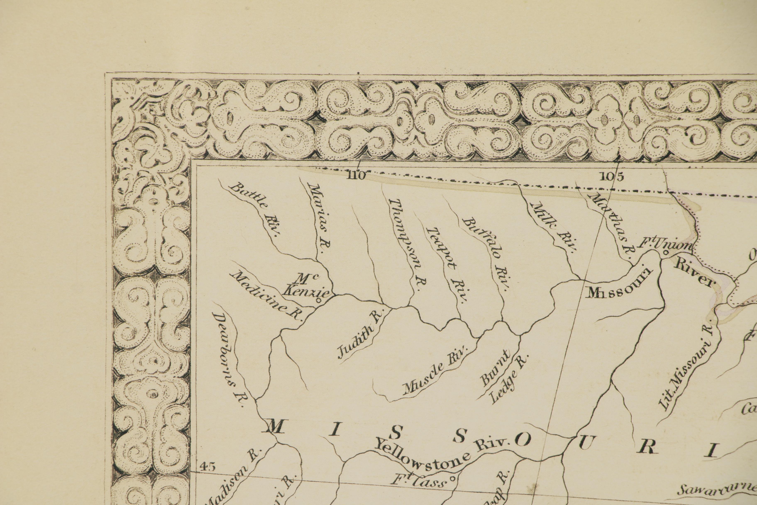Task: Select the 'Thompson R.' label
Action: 407,245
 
